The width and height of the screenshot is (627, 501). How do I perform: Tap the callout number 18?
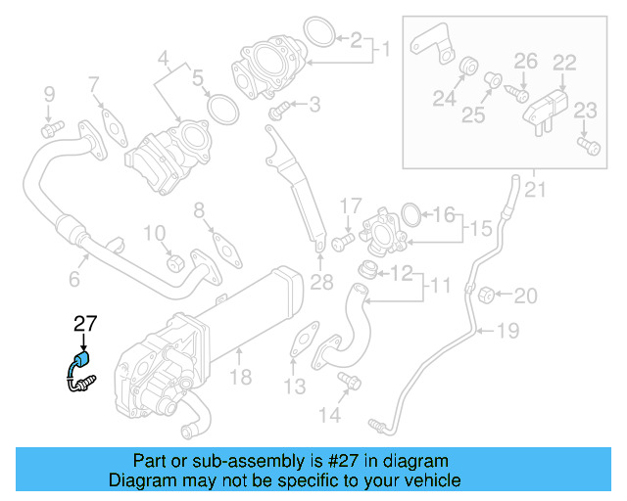pyautogui.click(x=240, y=377)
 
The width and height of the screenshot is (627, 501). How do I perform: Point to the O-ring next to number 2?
pyautogui.click(x=317, y=31)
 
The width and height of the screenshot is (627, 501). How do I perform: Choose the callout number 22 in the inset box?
pyautogui.click(x=563, y=63)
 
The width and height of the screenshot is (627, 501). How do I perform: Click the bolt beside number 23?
pyautogui.click(x=587, y=146)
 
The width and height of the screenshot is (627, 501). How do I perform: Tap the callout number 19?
pyautogui.click(x=507, y=332)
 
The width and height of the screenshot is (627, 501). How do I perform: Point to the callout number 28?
pyautogui.click(x=321, y=284)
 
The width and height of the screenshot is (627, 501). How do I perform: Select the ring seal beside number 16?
pyautogui.click(x=411, y=213)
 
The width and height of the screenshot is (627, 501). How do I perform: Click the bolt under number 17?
pyautogui.click(x=342, y=241)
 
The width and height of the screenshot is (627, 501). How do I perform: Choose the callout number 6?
pyautogui.click(x=73, y=280)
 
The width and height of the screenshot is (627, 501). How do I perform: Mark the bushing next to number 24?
pyautogui.click(x=467, y=68)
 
